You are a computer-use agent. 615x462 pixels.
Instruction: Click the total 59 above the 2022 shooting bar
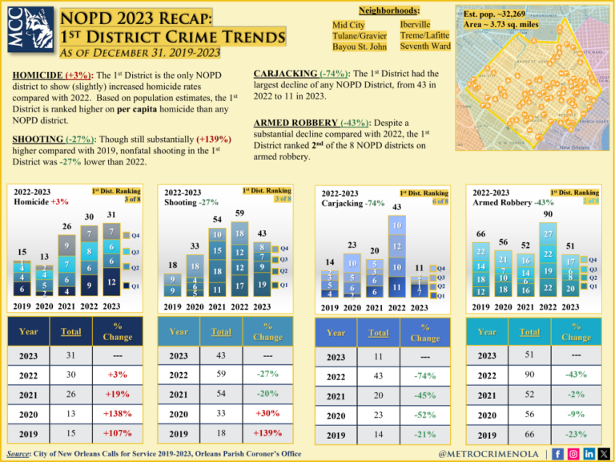tap(239, 213)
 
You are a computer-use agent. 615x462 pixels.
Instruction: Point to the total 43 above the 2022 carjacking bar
tap(396, 208)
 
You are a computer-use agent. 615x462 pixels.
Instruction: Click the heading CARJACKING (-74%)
tap(295, 71)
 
